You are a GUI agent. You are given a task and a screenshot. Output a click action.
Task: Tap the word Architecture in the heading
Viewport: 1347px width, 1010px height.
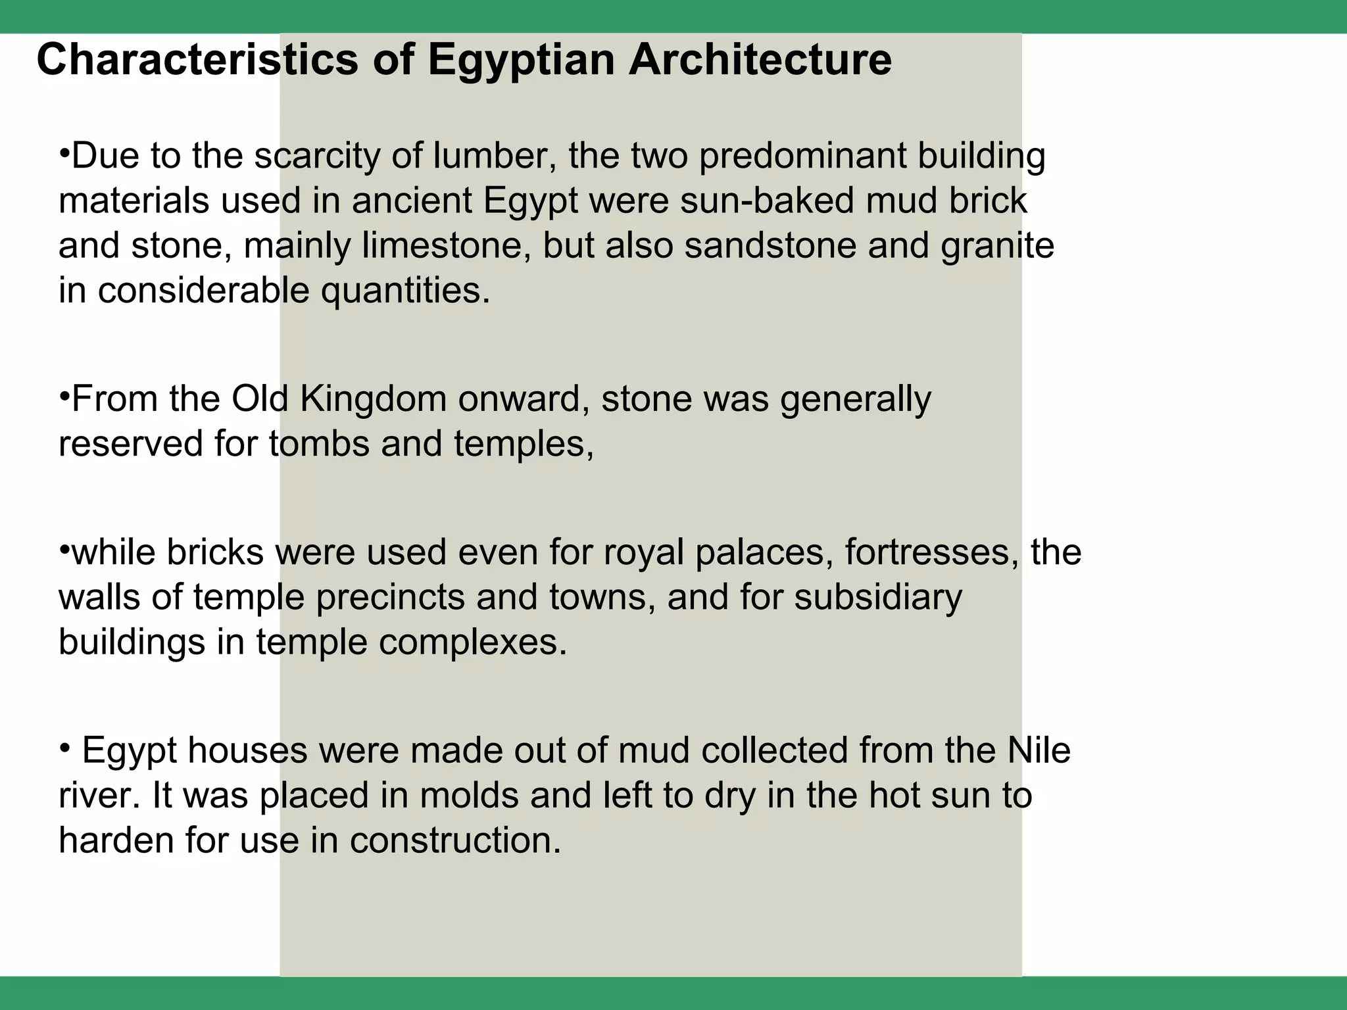pos(760,60)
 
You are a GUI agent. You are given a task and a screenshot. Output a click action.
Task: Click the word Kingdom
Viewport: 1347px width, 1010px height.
pos(373,400)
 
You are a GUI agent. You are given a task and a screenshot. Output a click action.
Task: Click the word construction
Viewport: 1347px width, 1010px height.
pos(455,841)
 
